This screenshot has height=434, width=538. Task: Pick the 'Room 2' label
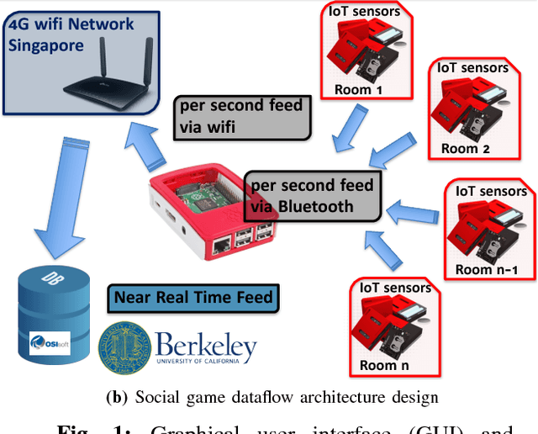[x=468, y=150]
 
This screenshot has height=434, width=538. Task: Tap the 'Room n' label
[x=389, y=366]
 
